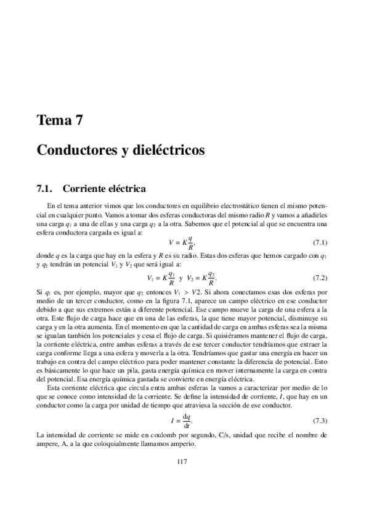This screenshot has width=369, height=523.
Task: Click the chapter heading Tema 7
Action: [x=60, y=121]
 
